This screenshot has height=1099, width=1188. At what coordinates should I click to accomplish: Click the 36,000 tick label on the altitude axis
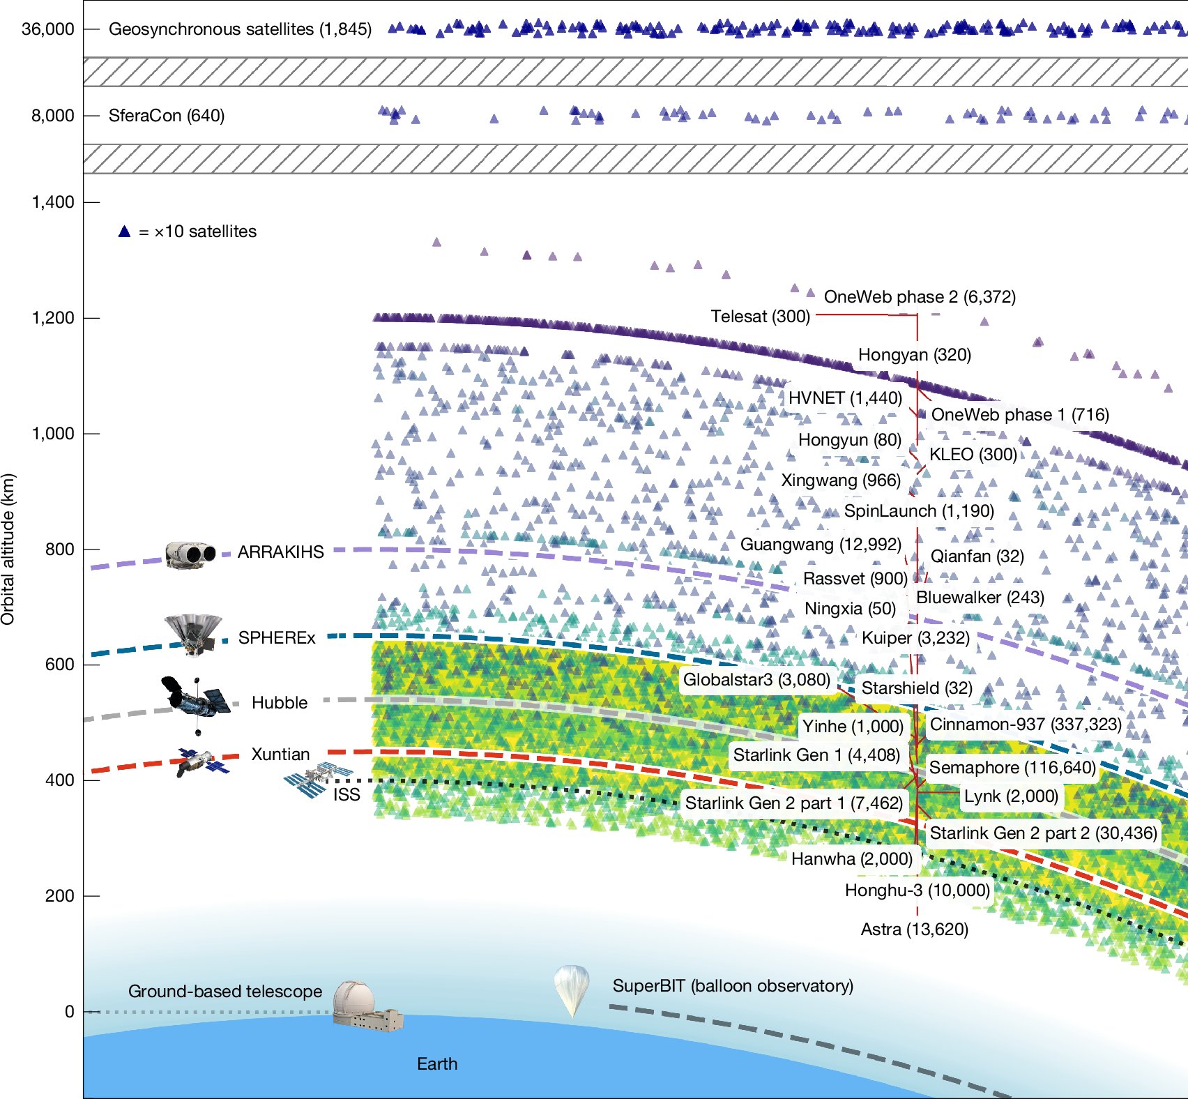pos(47,29)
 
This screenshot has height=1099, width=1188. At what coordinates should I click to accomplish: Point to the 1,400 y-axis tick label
pos(52,202)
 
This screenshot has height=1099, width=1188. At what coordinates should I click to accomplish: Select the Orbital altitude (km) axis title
pos(8,549)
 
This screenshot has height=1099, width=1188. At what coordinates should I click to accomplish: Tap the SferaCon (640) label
pos(167,116)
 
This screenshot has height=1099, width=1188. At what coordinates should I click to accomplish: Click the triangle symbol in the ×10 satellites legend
pos(124,232)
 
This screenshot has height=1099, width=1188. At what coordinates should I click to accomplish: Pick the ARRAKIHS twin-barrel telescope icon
pos(190,554)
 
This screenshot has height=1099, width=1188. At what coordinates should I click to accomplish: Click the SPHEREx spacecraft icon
pos(194,633)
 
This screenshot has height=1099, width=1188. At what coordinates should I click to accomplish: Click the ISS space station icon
pos(317,779)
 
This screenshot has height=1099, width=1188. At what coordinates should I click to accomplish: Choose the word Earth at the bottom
pos(437,1064)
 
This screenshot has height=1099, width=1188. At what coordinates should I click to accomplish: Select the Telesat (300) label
pos(760,317)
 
